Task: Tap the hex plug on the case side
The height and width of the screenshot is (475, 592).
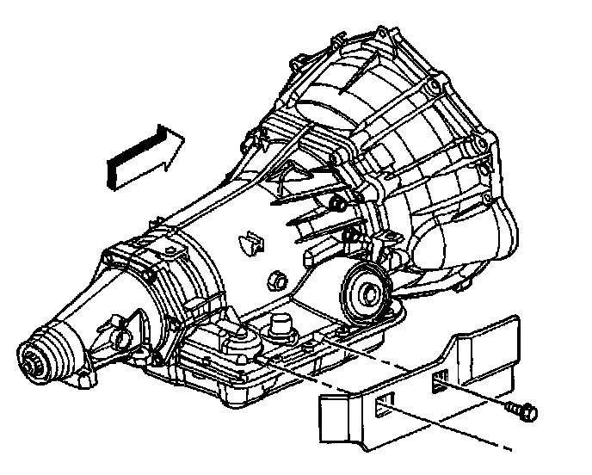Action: point(276,280)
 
